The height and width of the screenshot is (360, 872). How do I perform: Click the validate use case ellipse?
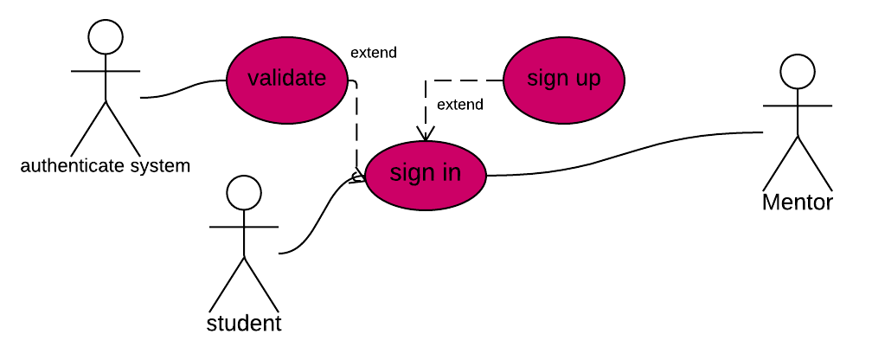coord(286,80)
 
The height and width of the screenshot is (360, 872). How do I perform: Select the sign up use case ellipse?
coord(564,80)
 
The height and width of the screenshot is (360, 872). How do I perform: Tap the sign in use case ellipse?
coord(426,176)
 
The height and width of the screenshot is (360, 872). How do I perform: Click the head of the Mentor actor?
coord(798,71)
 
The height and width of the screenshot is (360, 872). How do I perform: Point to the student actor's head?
coord(244,192)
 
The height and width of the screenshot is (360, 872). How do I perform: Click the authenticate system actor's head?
coord(106,36)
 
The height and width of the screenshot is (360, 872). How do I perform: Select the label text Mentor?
coord(798,202)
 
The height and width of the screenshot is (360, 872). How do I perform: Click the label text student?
coord(244,324)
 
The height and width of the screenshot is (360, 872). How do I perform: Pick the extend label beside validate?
coord(374,53)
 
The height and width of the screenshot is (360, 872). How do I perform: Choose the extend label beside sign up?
coord(460,105)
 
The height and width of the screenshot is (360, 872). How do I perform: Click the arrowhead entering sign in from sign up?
coord(426,135)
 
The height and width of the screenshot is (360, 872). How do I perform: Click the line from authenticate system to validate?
coord(183,89)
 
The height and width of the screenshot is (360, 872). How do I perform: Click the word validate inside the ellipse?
coord(286,78)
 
